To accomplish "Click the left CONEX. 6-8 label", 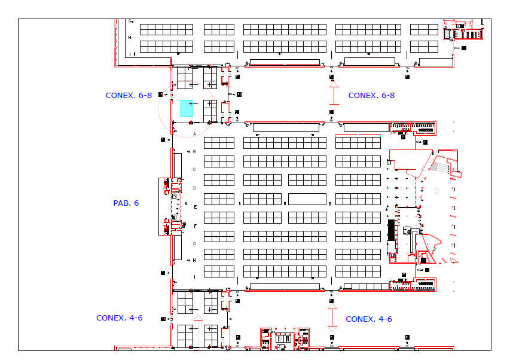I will click(129, 95).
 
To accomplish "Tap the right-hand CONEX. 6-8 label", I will click(371, 95).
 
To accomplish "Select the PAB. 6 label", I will click(126, 203).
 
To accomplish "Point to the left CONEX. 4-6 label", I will click(120, 318).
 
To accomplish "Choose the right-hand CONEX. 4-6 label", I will click(369, 319).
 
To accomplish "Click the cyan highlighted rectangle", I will click(187, 108).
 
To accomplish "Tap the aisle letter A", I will click(195, 135).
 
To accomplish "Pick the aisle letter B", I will click(195, 152).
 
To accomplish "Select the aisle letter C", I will click(195, 170).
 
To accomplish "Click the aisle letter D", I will click(195, 188).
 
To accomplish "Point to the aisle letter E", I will click(195, 207).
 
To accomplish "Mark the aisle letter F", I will click(195, 225).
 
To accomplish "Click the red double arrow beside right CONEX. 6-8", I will click(334, 96).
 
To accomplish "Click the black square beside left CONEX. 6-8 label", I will click(160, 94).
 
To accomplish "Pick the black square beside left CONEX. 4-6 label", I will click(163, 319).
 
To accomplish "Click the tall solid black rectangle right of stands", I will click(391, 231).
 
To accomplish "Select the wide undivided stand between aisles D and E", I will click(307, 199).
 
